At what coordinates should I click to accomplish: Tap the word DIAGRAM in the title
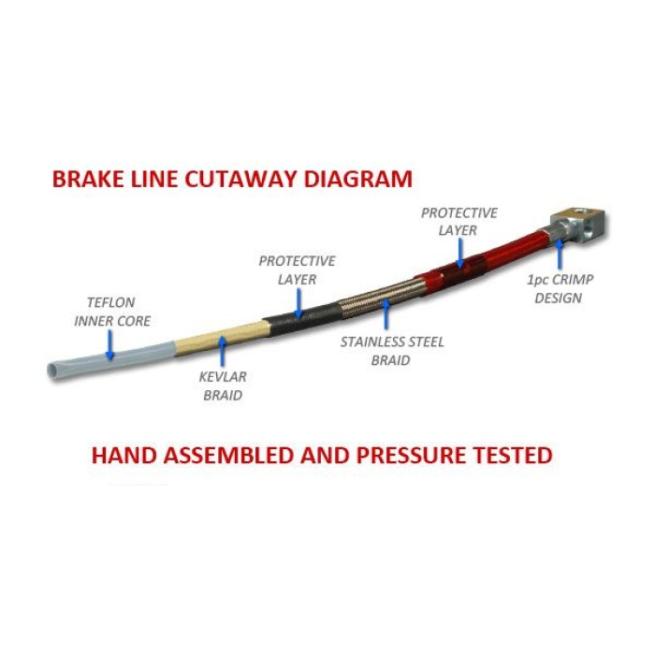pyautogui.click(x=358, y=179)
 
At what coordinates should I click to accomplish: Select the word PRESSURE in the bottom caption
pyautogui.click(x=412, y=455)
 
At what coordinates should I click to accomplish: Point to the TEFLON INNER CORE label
pyautogui.click(x=112, y=312)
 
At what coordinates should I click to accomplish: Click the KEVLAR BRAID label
pyautogui.click(x=223, y=386)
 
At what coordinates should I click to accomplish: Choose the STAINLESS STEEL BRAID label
pyautogui.click(x=392, y=351)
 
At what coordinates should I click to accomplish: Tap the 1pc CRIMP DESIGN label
pyautogui.click(x=560, y=288)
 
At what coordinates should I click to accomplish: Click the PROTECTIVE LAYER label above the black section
pyautogui.click(x=297, y=269)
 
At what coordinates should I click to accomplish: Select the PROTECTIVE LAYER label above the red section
pyautogui.click(x=458, y=222)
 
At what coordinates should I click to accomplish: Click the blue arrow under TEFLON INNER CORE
pyautogui.click(x=109, y=344)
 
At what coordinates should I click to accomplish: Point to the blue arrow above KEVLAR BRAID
pyautogui.click(x=223, y=351)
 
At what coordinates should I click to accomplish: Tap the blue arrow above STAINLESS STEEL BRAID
pyautogui.click(x=386, y=313)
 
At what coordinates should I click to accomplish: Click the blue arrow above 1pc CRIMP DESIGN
pyautogui.click(x=560, y=255)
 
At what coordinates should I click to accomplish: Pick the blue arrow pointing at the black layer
pyautogui.click(x=298, y=303)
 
